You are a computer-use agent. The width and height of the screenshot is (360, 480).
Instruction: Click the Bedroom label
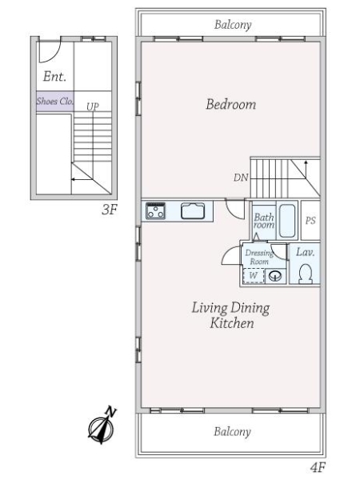point(231,104)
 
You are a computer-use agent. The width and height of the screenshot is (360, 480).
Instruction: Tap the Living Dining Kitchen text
point(231,315)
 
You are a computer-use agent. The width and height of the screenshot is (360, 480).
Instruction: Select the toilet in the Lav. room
point(306,274)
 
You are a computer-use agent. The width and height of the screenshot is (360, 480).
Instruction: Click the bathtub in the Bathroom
point(287,221)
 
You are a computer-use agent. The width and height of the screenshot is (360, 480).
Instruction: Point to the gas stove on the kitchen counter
point(155,210)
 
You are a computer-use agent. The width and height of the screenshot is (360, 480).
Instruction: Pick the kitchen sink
point(193,210)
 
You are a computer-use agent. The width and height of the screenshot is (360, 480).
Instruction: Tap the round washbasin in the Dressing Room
point(275,276)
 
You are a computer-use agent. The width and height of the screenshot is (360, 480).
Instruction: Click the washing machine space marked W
point(254,275)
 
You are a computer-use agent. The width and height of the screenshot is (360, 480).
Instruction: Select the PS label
point(310,221)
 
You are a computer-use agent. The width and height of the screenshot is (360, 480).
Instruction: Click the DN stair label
point(241,178)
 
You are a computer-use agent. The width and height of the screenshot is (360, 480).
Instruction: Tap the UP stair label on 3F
point(93,106)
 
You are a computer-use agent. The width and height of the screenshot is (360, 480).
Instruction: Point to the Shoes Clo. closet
point(55,101)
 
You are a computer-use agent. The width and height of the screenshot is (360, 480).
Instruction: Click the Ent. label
point(54,76)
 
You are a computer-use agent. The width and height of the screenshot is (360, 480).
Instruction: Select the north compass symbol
point(102,426)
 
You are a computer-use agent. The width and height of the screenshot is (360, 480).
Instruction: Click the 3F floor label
point(110,210)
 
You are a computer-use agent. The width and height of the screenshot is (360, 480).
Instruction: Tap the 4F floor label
point(318,467)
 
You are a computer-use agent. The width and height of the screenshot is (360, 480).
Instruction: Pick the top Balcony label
point(233,25)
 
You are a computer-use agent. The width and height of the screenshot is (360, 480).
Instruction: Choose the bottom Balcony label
point(232,432)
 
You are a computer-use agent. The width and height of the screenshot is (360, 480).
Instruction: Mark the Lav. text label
point(306,252)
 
